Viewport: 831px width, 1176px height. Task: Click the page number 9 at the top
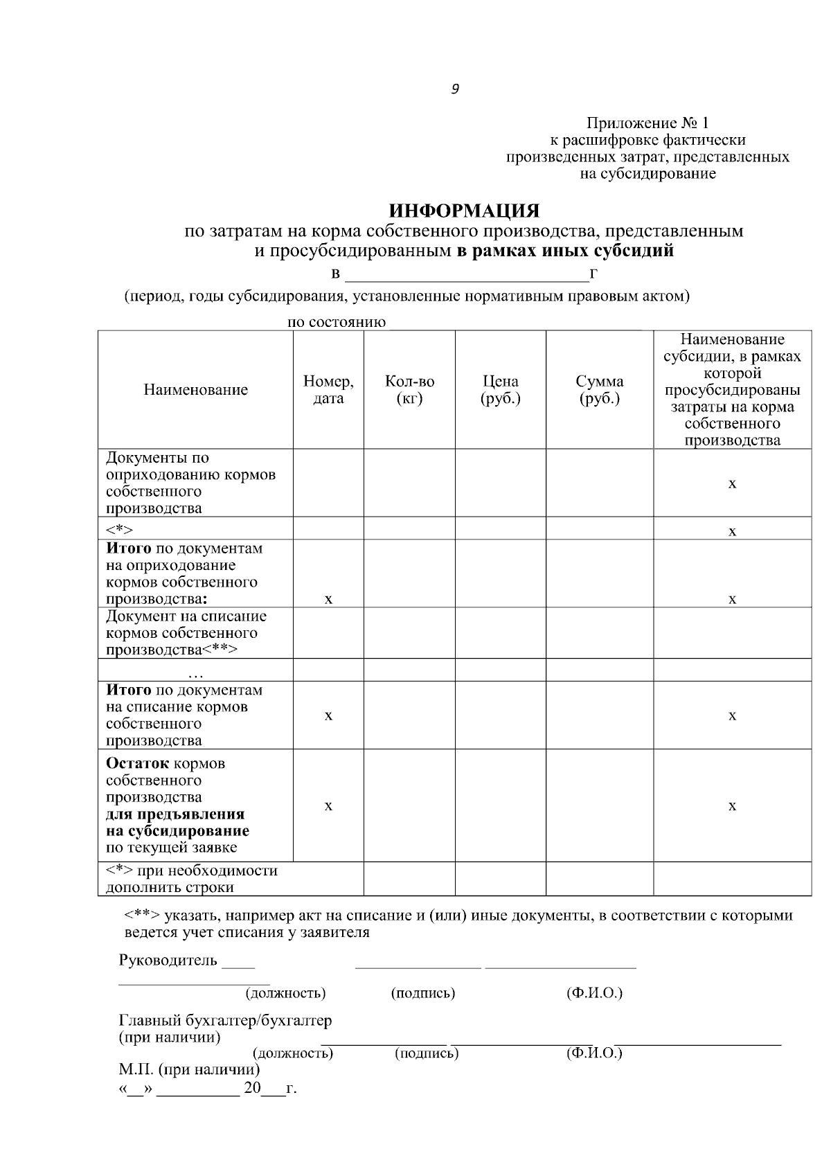[x=454, y=89]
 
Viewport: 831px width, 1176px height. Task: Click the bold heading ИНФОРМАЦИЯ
[x=464, y=211]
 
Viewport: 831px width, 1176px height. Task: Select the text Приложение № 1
[x=647, y=124]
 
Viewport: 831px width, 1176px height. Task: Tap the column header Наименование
[x=195, y=390]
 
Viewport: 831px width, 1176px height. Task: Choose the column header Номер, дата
[x=328, y=390]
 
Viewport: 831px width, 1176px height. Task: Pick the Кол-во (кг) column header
[x=409, y=390]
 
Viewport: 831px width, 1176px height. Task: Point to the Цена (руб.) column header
[x=500, y=390]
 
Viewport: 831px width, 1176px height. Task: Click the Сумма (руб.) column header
[x=599, y=390]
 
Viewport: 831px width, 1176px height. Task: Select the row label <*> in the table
[x=119, y=531]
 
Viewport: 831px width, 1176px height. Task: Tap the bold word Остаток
[x=137, y=764]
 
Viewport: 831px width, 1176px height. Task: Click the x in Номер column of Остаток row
[x=328, y=806]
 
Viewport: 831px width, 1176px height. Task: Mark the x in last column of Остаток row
[x=732, y=806]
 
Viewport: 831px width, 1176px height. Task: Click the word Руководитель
[x=168, y=961]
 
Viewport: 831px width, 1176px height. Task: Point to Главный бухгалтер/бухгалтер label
[x=225, y=1020]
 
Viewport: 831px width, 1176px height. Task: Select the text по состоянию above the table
[x=337, y=323]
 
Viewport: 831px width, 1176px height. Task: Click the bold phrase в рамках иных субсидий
[x=565, y=251]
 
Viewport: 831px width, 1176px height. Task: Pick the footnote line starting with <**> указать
[x=457, y=916]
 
